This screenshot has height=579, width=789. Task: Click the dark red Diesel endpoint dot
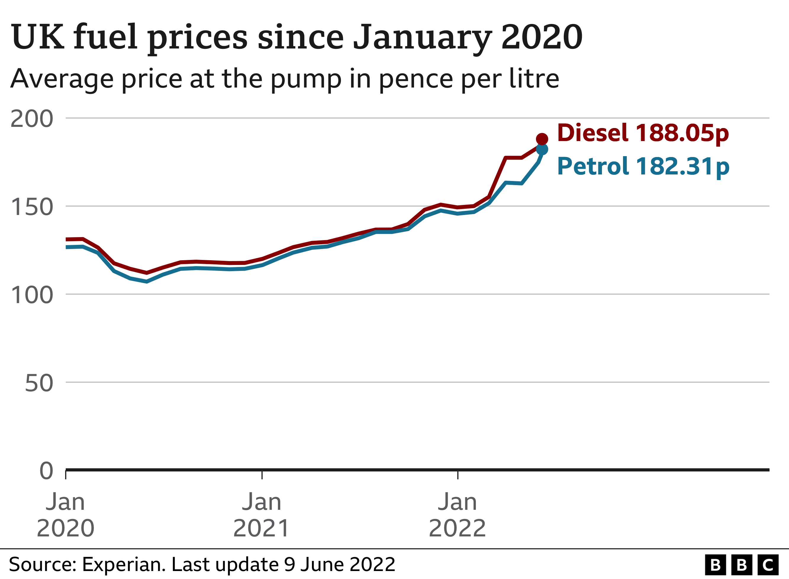[x=542, y=139]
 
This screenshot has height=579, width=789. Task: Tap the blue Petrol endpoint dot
[x=542, y=150]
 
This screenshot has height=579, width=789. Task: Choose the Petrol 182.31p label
[x=643, y=166]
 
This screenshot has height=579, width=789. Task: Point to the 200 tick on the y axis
[x=32, y=119]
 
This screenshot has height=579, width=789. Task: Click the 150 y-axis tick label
[x=32, y=207]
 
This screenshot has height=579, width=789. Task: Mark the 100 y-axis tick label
[x=32, y=295]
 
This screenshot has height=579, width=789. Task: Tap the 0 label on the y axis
[x=46, y=471]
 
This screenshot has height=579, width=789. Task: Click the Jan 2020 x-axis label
[x=66, y=515]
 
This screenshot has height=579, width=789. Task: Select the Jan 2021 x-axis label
[x=262, y=515]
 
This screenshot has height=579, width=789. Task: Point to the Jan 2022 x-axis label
[x=457, y=515]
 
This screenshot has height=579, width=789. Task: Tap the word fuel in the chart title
[x=105, y=37]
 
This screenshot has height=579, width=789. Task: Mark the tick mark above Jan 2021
[x=262, y=475]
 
